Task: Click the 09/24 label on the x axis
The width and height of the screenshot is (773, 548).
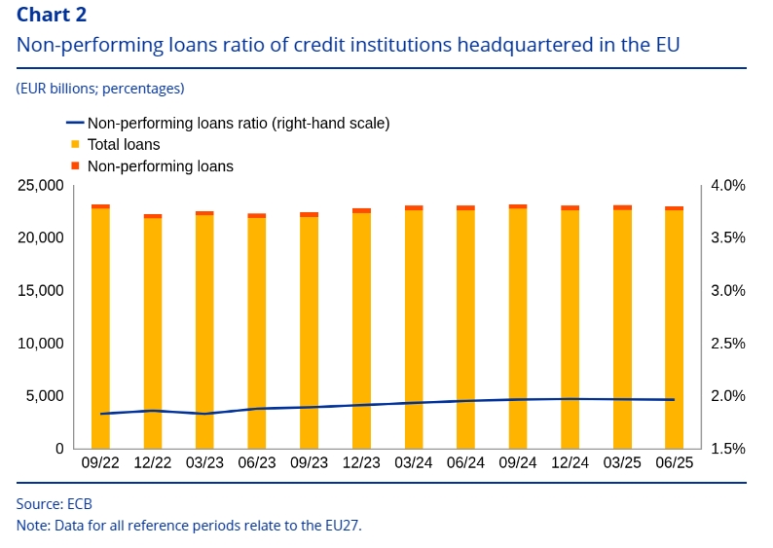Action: click(518, 464)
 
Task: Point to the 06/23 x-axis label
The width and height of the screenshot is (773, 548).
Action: click(256, 464)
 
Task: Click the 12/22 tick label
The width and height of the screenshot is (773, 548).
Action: click(152, 464)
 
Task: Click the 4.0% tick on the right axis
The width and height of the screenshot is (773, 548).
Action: click(725, 185)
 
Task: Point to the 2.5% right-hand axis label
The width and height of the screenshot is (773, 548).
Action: click(725, 344)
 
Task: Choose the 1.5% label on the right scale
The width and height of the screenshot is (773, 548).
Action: click(725, 449)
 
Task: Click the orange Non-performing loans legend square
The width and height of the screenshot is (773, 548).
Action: click(75, 165)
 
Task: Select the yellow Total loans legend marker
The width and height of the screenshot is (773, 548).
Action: click(75, 144)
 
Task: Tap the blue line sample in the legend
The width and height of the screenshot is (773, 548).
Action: click(74, 123)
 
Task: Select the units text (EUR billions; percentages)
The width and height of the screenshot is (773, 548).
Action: click(100, 89)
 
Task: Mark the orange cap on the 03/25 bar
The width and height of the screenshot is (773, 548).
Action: click(622, 207)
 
